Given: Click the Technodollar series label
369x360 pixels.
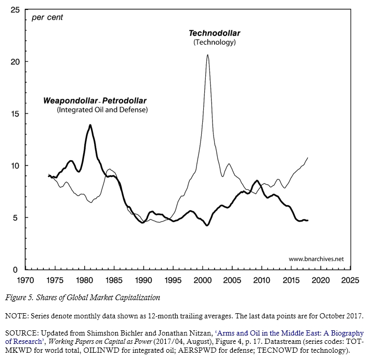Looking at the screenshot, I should (x=214, y=33).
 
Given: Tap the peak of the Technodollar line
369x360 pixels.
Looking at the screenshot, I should (x=208, y=55).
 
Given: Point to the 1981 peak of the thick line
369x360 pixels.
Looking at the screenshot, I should (x=90, y=125).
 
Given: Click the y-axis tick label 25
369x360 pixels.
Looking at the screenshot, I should (x=15, y=10).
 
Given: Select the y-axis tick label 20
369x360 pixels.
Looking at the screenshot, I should (x=15, y=62).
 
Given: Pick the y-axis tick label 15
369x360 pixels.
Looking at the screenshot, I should (x=15, y=114).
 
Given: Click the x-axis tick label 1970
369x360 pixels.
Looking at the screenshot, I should (x=25, y=280).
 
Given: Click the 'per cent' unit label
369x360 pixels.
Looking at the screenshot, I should (x=47, y=18).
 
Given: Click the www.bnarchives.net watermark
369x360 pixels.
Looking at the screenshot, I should (x=316, y=259).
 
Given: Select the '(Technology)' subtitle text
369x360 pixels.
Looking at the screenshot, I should (x=214, y=42).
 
